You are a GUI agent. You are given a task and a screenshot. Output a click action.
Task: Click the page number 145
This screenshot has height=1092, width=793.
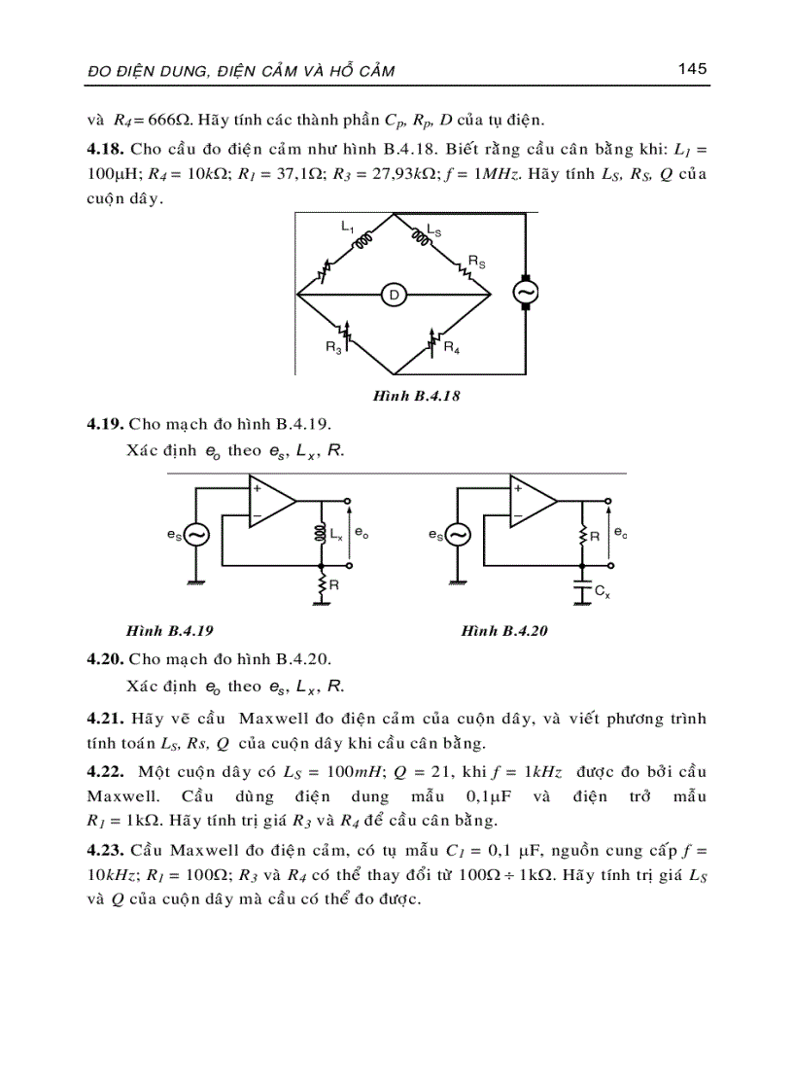tap(692, 69)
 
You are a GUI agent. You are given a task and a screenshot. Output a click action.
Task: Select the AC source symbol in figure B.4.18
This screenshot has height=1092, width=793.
tap(525, 293)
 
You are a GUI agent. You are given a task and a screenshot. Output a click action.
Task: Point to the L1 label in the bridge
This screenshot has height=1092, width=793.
tap(347, 227)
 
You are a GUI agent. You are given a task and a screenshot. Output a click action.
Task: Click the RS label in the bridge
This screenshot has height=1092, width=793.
tap(476, 263)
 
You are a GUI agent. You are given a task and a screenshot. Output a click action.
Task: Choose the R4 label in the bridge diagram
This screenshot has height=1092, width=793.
tap(452, 347)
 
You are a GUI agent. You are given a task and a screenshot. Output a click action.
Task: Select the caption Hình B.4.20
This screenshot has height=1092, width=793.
tap(505, 630)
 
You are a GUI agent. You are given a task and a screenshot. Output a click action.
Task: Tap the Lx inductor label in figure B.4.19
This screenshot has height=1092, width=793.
tap(336, 535)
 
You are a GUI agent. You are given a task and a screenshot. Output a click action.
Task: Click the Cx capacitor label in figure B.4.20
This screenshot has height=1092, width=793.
tap(603, 590)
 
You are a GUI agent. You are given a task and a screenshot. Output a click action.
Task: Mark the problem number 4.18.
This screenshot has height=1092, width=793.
tap(104, 151)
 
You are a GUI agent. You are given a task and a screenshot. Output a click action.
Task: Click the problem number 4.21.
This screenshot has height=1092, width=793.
tap(104, 719)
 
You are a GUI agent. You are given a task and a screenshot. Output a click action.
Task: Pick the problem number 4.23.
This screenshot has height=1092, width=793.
tap(104, 851)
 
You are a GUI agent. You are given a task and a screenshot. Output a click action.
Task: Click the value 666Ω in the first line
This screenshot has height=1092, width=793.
tap(160, 122)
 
